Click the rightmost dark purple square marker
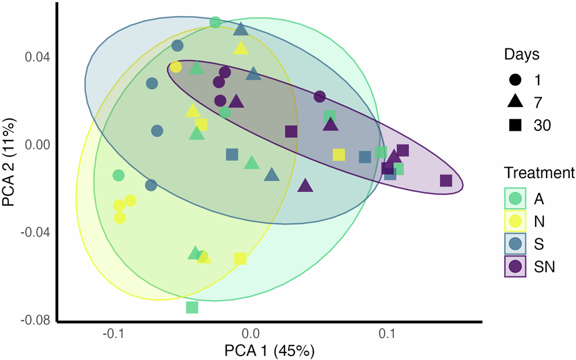pyautogui.click(x=446, y=181)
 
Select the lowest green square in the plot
pyautogui.click(x=192, y=308)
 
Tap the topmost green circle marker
pyautogui.click(x=215, y=22)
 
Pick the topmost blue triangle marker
pyautogui.click(x=241, y=29)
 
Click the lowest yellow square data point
pyautogui.click(x=241, y=259)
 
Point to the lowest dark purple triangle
pyautogui.click(x=305, y=185)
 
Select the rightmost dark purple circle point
pyautogui.click(x=320, y=96)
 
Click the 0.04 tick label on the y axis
pyautogui.click(x=39, y=58)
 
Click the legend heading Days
pyautogui.click(x=522, y=55)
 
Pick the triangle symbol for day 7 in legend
pyautogui.click(x=516, y=101)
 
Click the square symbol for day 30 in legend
pyautogui.click(x=516, y=125)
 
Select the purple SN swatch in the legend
pyautogui.click(x=516, y=266)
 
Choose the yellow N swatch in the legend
pyautogui.click(x=516, y=221)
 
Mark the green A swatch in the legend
pyautogui.click(x=516, y=198)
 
